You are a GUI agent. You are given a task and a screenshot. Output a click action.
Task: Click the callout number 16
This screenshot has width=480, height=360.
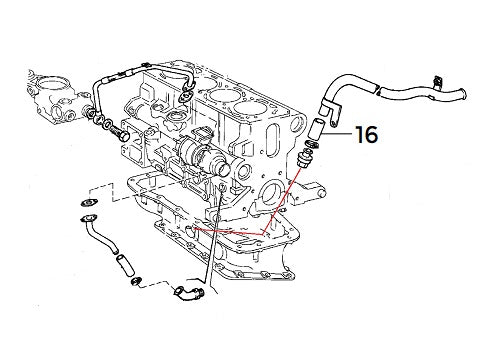tap(366, 134)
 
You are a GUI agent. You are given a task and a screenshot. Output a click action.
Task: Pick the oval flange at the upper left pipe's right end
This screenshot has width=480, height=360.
tap(187, 92)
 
